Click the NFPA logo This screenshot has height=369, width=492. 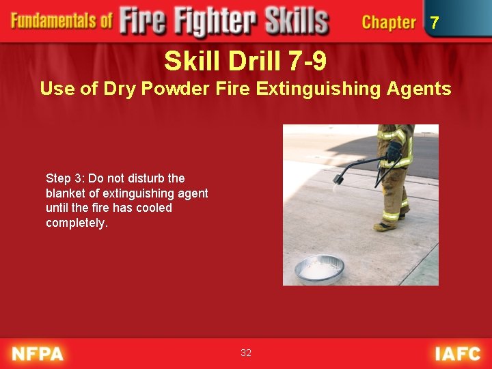coord(38,353)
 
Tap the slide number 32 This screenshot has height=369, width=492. coord(246,353)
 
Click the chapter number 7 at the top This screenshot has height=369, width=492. coord(434,23)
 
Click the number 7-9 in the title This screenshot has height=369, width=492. coord(307,62)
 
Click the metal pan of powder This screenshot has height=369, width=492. coord(319,269)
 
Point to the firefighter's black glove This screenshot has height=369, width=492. coord(393,150)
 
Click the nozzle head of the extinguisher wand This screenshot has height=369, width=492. coord(338,179)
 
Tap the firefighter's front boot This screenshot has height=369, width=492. coord(385,225)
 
